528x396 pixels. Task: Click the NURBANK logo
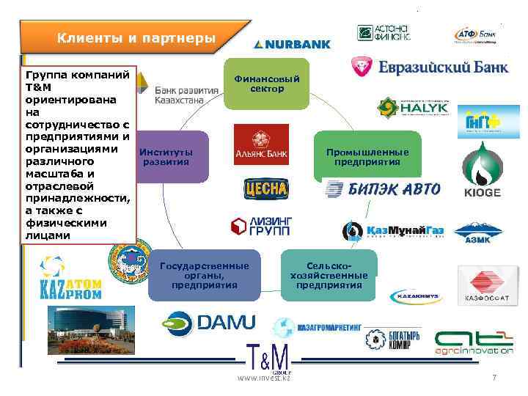pyautogui.click(x=292, y=44)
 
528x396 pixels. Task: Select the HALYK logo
pyautogui.click(x=413, y=108)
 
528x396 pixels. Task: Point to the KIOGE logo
pyautogui.click(x=482, y=171)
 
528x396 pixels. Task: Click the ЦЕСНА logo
pyautogui.click(x=266, y=189)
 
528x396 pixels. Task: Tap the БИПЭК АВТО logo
pyautogui.click(x=382, y=190)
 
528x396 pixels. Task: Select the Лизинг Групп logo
pyautogui.click(x=260, y=227)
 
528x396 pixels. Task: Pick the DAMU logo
pyautogui.click(x=209, y=321)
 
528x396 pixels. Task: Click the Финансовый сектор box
pyautogui.click(x=266, y=83)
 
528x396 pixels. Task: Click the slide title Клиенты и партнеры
pyautogui.click(x=136, y=37)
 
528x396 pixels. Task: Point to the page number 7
pyautogui.click(x=494, y=377)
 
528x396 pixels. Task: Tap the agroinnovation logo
pyautogui.click(x=473, y=342)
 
